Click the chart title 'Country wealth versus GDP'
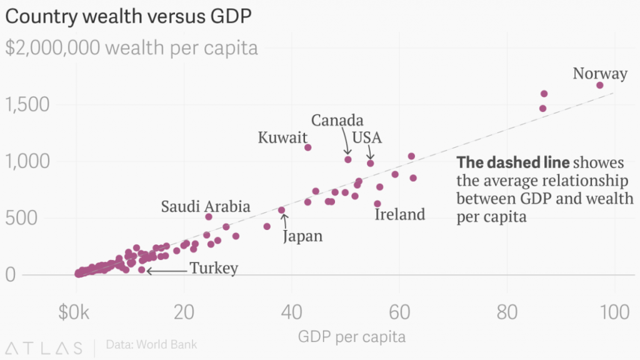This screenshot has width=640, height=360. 128,17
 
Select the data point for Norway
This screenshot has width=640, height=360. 600,85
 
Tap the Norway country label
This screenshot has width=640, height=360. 600,74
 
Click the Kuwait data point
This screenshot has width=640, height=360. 307,147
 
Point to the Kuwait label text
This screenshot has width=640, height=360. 284,137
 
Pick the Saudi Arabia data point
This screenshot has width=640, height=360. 209,217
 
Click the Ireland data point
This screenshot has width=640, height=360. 377,204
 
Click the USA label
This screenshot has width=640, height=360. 367,137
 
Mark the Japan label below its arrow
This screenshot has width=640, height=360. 303,236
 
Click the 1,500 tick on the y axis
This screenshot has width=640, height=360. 27,104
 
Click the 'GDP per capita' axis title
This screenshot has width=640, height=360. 352,337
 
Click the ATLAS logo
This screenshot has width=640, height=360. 44,347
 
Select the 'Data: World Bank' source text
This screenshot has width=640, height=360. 151,344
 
